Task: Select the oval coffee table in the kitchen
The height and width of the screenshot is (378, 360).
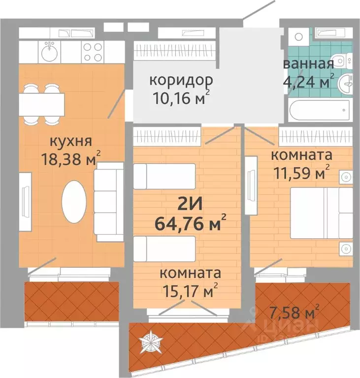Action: tap(74, 200)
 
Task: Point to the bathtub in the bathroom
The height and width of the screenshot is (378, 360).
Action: tap(320, 109)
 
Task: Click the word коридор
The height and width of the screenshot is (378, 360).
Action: tap(174, 80)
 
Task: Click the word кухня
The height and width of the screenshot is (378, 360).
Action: tap(70, 142)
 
